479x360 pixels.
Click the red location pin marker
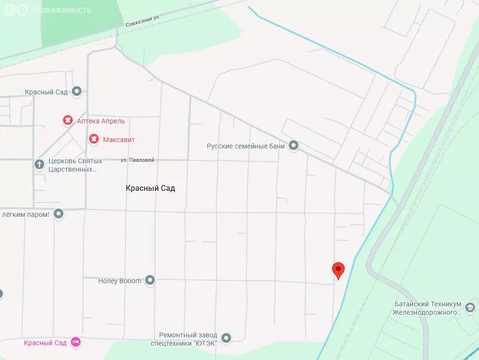pyautogui.click(x=338, y=270)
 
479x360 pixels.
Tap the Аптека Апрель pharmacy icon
pyautogui.click(x=68, y=120)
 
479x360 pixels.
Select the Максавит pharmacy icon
pyautogui.click(x=93, y=140)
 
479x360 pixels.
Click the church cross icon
pyautogui.click(x=39, y=165)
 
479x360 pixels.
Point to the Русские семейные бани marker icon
pyautogui.click(x=294, y=146)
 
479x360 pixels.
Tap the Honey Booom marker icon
pyautogui.click(x=150, y=281)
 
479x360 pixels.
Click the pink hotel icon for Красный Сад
pyautogui.click(x=75, y=342)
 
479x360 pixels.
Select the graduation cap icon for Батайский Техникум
pyautogui.click(x=470, y=307)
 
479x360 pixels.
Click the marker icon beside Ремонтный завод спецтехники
pyautogui.click(x=226, y=338)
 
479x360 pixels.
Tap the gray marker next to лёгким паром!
pyautogui.click(x=59, y=214)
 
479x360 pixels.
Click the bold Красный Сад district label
pyautogui.click(x=150, y=188)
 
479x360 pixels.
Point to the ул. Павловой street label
pyautogui.click(x=138, y=160)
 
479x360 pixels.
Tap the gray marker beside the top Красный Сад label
pyautogui.click(x=77, y=91)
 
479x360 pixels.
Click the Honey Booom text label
pyautogui.click(x=120, y=281)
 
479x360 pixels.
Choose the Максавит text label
pyautogui.click(x=119, y=140)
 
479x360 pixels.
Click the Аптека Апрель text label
pyautogui.click(x=101, y=121)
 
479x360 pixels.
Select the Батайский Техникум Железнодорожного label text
pyautogui.click(x=427, y=308)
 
